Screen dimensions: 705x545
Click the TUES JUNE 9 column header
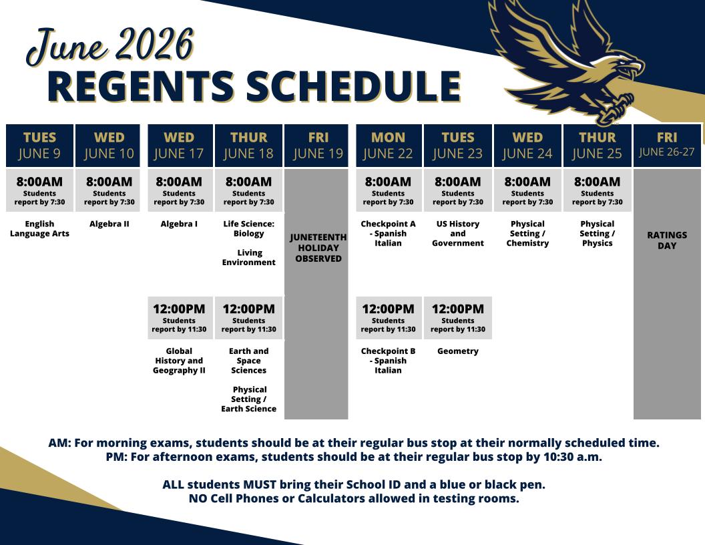coord(39,146)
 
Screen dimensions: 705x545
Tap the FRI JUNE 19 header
coord(318,146)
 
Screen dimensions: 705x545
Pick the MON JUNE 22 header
coord(389,146)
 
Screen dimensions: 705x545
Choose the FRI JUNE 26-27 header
coord(667,146)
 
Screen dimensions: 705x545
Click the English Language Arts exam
coord(39,228)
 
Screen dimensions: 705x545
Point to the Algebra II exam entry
coord(109,224)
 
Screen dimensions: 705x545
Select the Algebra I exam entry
coord(179,224)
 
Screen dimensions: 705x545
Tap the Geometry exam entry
coord(458,351)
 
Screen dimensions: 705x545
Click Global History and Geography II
coord(179,361)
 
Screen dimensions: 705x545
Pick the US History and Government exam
coord(458,233)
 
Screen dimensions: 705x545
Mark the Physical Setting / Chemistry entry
coord(527,233)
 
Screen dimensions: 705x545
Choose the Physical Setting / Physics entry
coord(597,233)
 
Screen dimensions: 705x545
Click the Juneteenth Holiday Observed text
coord(318,248)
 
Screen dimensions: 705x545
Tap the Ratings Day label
coord(667,240)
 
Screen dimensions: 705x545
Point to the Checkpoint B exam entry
coord(388,361)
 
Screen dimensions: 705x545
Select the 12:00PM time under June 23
coord(458,309)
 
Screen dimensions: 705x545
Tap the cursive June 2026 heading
coord(111,46)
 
